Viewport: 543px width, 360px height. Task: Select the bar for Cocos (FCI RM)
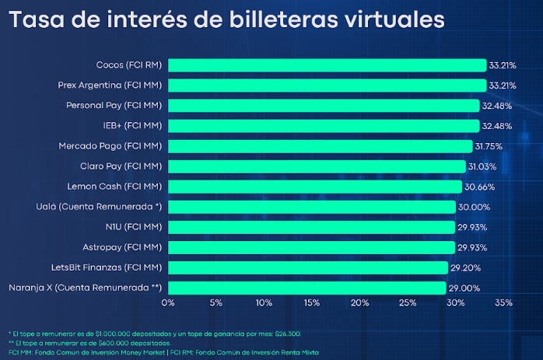coord(327,65)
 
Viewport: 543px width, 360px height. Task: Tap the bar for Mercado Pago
coord(320,145)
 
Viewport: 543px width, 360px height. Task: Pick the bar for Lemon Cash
coord(314,187)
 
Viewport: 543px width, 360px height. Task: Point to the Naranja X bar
coord(307,288)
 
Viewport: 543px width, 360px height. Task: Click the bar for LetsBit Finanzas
coord(307,267)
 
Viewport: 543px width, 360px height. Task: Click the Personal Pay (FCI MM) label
coord(114,105)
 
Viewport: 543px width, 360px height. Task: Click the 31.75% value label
coord(489,145)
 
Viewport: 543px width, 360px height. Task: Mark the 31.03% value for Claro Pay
coord(482,166)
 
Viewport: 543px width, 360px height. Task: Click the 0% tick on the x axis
coord(168,302)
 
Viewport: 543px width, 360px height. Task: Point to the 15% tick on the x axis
coord(311,302)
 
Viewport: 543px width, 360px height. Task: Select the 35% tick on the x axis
coord(503,302)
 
